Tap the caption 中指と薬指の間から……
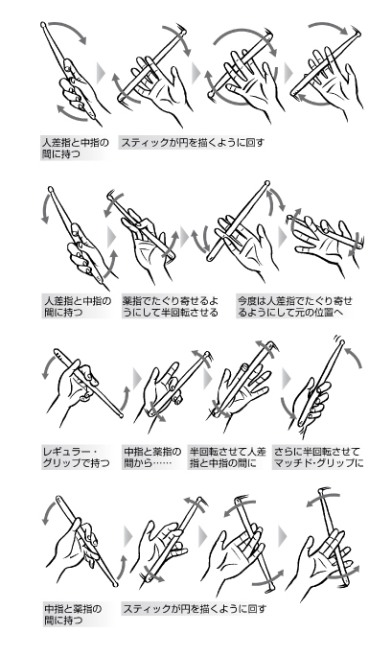[152, 457]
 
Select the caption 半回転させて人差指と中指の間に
[228, 457]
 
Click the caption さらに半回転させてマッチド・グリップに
[318, 457]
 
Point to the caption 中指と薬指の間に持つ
[73, 614]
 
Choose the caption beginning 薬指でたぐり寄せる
[171, 307]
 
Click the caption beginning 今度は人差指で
[295, 307]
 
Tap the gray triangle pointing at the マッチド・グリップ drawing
[286, 379]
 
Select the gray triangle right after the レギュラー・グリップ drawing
[137, 379]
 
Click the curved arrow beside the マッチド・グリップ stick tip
[355, 357]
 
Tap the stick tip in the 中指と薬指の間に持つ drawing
[58, 499]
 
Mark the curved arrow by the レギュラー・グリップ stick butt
[125, 398]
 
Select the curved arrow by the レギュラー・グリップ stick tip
[49, 364]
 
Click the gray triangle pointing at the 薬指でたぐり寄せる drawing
[111, 237]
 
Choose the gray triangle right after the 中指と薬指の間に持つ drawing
[127, 536]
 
